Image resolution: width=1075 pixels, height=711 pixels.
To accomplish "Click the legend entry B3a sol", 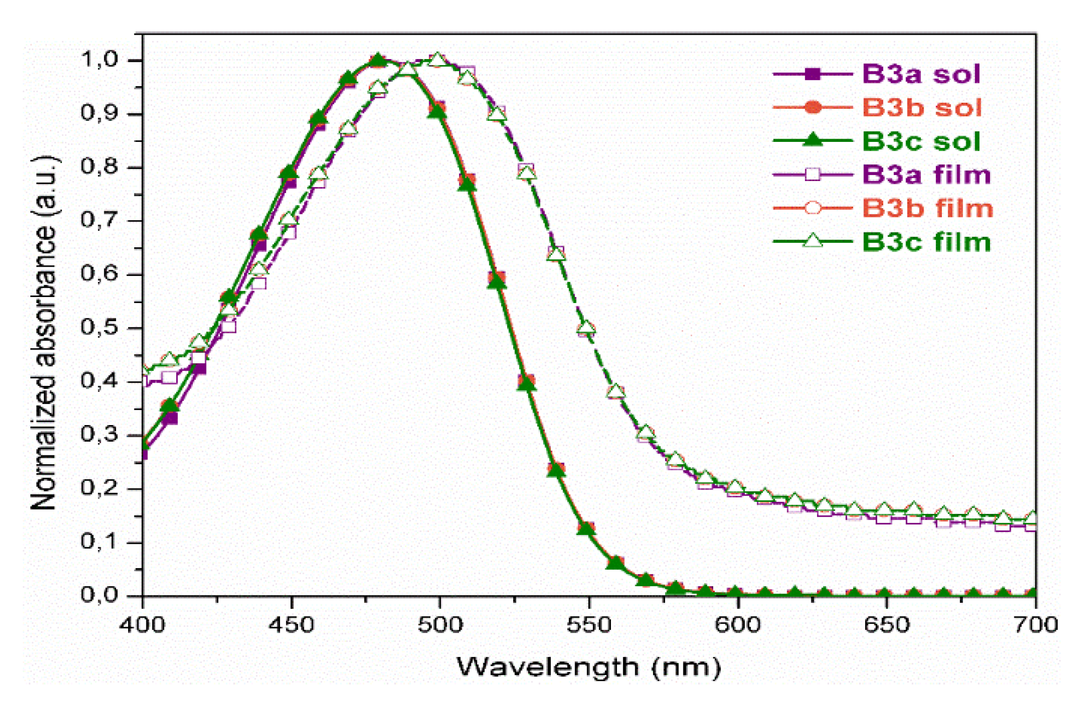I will (x=921, y=74).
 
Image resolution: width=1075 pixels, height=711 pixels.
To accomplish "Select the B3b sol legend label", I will (x=922, y=108).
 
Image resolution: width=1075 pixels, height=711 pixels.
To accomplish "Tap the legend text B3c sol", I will (x=921, y=141).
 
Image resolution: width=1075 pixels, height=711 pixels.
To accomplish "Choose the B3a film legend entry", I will (x=926, y=174).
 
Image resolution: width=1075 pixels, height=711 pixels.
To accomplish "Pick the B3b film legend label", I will (x=928, y=209).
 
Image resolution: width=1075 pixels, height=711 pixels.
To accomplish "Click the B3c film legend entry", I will (x=926, y=242).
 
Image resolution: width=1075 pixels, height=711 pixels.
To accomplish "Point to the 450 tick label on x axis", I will (x=291, y=625).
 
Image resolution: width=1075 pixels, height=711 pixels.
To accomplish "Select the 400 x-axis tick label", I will (x=143, y=625).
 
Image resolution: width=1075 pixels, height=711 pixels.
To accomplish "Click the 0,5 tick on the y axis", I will (x=99, y=327).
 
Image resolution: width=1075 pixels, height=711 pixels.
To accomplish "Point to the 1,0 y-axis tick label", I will (x=99, y=59).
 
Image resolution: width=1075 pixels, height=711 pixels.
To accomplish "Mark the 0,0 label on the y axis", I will (x=99, y=595).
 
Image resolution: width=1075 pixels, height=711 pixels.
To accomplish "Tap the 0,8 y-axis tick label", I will (x=99, y=166).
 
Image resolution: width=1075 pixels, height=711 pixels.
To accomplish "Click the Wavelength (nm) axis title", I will (x=589, y=667).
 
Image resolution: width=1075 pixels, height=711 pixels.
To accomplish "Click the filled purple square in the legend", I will (x=813, y=74).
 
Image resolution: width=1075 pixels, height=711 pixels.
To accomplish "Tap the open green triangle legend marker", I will (x=813, y=241).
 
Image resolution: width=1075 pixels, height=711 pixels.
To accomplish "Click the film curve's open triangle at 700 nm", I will (x=1032, y=518).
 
